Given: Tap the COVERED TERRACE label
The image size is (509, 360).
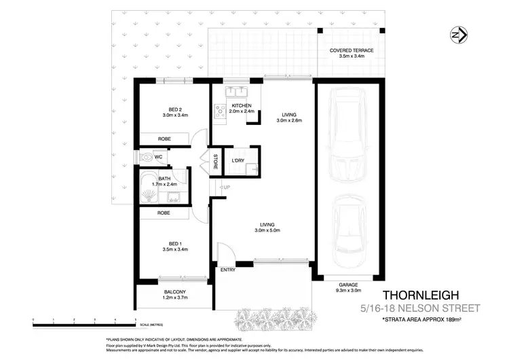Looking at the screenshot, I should [x=352, y=54].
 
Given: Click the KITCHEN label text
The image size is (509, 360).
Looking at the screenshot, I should [x=242, y=106].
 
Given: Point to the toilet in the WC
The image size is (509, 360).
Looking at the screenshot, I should [x=147, y=157].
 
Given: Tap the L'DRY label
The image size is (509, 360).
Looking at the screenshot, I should [x=238, y=160].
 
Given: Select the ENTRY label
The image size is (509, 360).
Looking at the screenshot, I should [x=227, y=270].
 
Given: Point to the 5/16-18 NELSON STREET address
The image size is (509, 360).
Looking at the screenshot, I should [x=420, y=308].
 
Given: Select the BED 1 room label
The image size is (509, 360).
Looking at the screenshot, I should [x=175, y=246].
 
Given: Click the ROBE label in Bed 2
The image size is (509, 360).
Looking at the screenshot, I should [x=164, y=139].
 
